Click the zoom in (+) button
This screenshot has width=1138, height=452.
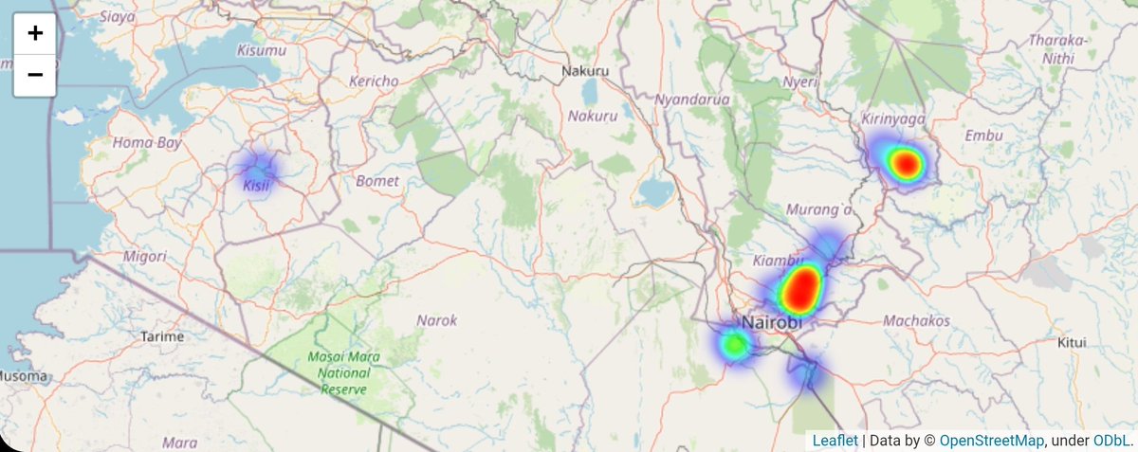[x=35, y=34]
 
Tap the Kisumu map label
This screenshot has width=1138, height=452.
[x=261, y=49]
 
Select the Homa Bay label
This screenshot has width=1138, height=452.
[x=146, y=143]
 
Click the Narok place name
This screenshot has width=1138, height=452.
[x=437, y=320]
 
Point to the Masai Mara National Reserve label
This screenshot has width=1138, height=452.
[x=343, y=372]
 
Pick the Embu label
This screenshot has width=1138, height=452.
[x=982, y=136]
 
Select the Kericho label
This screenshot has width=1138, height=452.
[x=374, y=81]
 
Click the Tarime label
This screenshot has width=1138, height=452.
[x=161, y=336]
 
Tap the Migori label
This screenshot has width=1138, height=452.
[x=145, y=256]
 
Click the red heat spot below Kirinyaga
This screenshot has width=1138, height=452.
[x=907, y=165]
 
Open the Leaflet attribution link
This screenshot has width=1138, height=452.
[x=835, y=441]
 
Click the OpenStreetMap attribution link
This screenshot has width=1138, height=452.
[x=992, y=441]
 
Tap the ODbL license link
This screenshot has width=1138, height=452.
[x=1110, y=441]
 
